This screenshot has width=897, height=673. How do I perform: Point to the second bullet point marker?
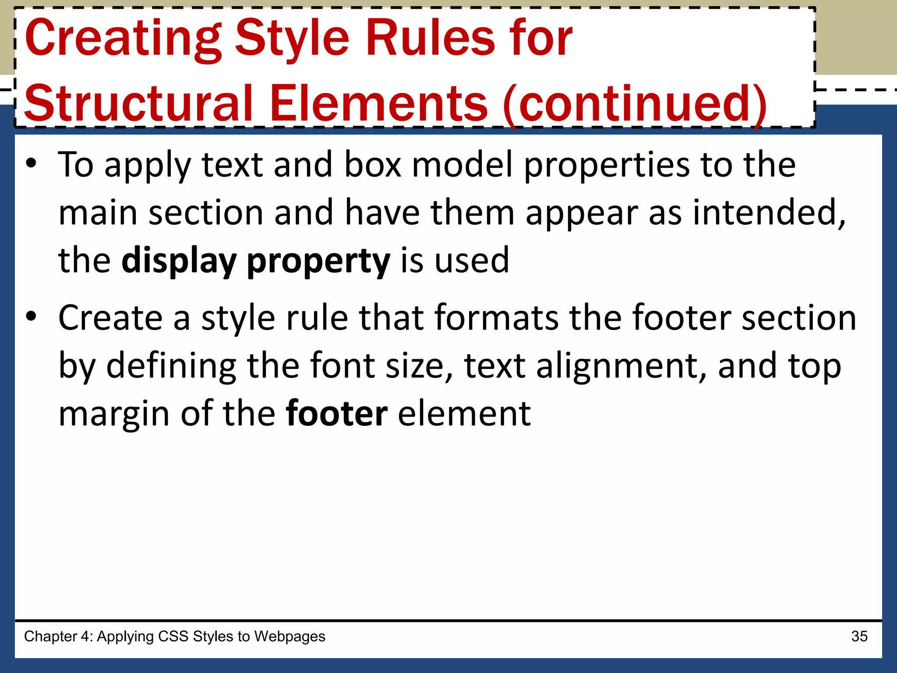(31, 316)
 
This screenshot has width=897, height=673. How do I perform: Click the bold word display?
(179, 261)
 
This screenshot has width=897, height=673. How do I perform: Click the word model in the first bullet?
(462, 165)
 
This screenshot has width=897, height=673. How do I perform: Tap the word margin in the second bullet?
(114, 414)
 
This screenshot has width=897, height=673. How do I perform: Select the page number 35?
(859, 636)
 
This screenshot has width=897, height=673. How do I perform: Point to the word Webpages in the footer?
(290, 636)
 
